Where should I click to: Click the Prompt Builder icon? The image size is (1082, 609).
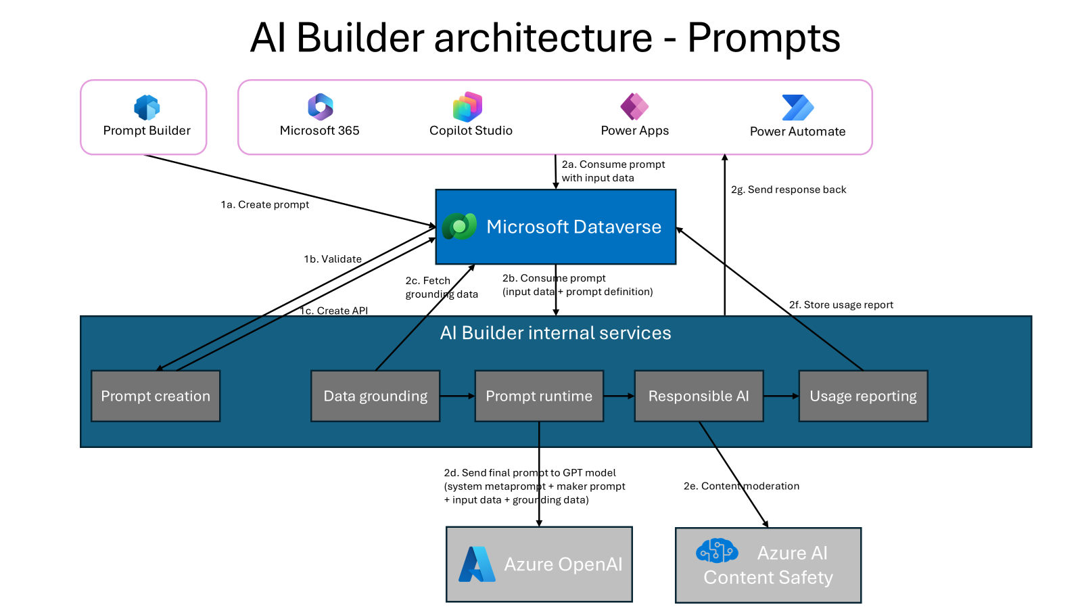(x=147, y=108)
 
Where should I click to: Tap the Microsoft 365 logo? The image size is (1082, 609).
(x=321, y=107)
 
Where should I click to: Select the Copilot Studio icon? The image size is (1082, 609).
(x=467, y=107)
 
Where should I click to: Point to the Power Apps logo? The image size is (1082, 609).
(x=634, y=106)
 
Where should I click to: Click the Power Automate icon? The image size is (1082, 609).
(x=797, y=108)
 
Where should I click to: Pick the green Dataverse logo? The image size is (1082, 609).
(x=459, y=226)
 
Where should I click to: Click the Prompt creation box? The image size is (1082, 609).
(x=156, y=396)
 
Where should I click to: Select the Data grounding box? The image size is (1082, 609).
(x=375, y=396)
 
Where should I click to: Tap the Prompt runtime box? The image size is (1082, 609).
(x=539, y=396)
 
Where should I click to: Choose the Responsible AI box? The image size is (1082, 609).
(x=699, y=396)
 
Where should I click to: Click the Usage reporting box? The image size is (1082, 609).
(x=863, y=396)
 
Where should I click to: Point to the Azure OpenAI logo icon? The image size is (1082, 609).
(x=477, y=564)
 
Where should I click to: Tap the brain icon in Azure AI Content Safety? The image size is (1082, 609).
(x=717, y=551)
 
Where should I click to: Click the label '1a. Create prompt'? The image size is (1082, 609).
(x=265, y=204)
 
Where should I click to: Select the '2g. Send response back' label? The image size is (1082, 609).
(x=789, y=189)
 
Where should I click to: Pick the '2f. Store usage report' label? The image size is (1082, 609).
(x=841, y=304)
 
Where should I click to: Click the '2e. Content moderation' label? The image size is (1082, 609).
(x=741, y=486)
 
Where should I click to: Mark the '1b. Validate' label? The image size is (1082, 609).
(x=333, y=258)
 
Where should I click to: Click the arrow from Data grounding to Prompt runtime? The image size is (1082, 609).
(x=457, y=396)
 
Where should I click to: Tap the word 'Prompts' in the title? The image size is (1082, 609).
(x=763, y=37)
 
